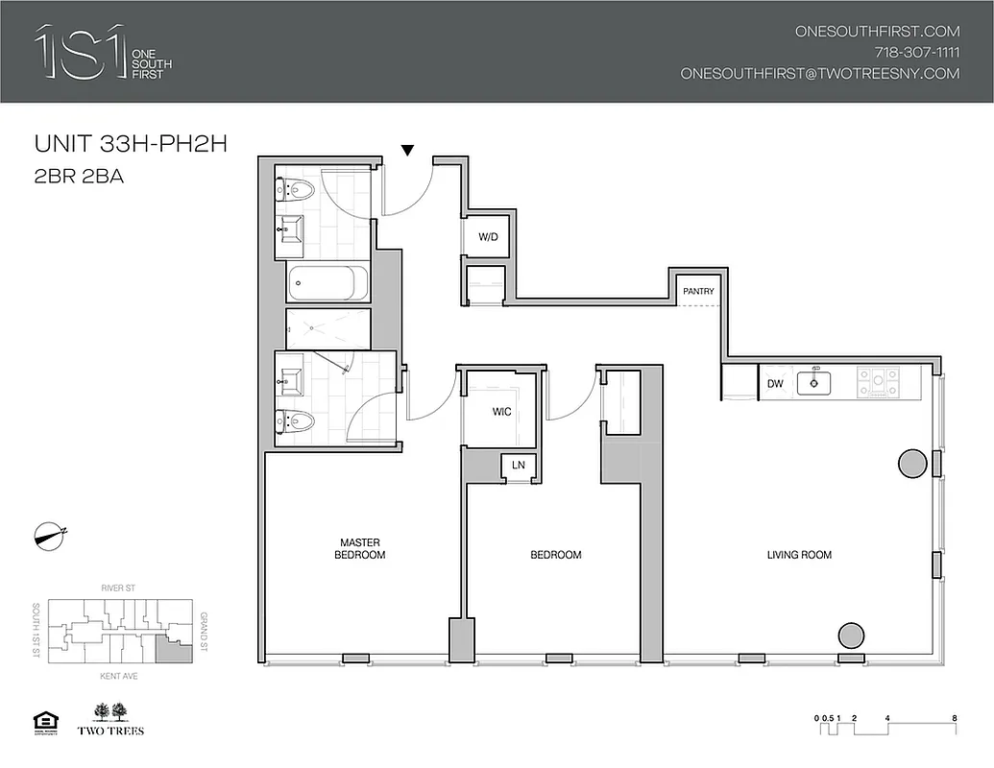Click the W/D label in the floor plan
pyautogui.click(x=488, y=237)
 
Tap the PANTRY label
pyautogui.click(x=698, y=291)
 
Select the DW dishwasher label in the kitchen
pyautogui.click(x=775, y=384)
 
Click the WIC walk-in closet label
pyautogui.click(x=501, y=412)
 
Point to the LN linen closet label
pyautogui.click(x=519, y=466)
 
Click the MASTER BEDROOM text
pyautogui.click(x=360, y=549)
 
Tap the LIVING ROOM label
pyautogui.click(x=799, y=555)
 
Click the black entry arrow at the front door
pyautogui.click(x=407, y=150)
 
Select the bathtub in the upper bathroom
pyautogui.click(x=327, y=283)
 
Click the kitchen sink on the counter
pyautogui.click(x=819, y=382)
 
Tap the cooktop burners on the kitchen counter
pyautogui.click(x=876, y=382)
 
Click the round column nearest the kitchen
pyautogui.click(x=911, y=464)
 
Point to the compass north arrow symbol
pyautogui.click(x=50, y=535)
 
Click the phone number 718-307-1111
pyautogui.click(x=916, y=52)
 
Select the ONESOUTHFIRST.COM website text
pyautogui.click(x=877, y=31)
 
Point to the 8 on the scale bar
pyautogui.click(x=954, y=717)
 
